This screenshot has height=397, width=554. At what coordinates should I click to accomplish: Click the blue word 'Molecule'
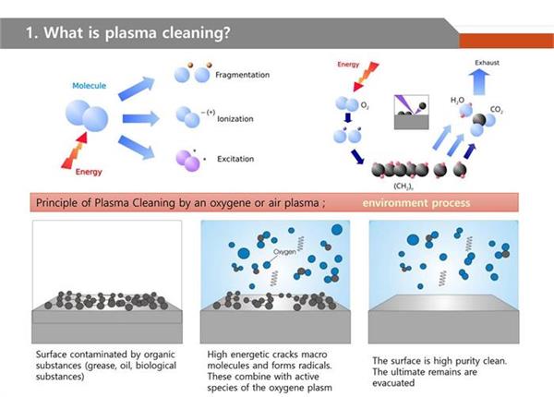tap(90, 86)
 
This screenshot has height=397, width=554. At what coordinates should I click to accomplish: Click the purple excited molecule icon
tap(187, 162)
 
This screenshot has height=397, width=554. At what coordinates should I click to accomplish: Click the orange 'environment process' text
tap(416, 203)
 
